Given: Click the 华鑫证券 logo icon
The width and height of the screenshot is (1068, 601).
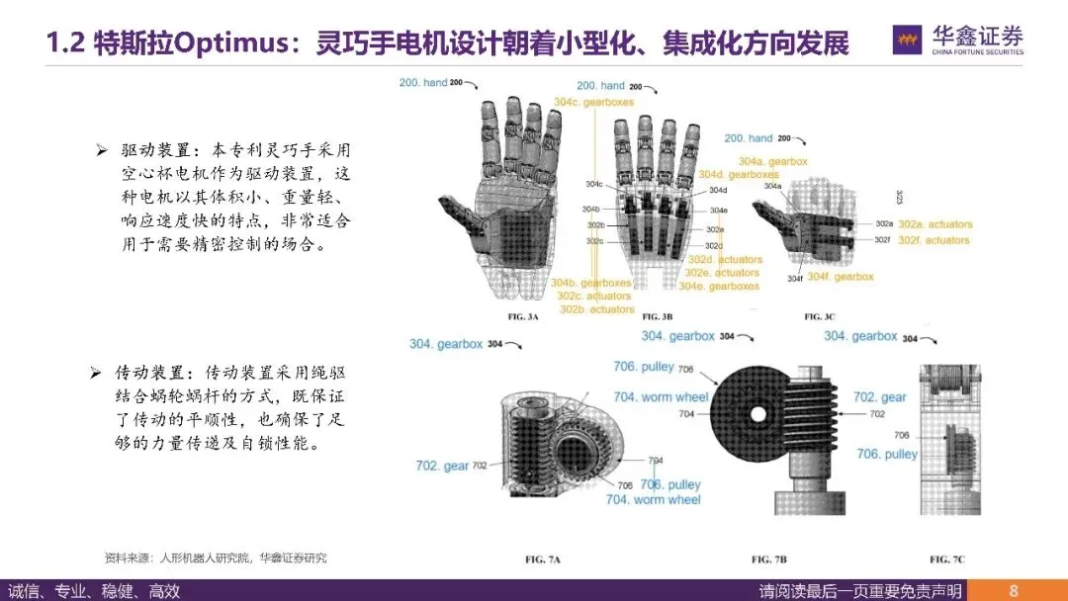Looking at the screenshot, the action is pyautogui.click(x=908, y=41).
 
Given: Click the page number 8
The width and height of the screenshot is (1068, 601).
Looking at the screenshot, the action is pyautogui.click(x=1014, y=591).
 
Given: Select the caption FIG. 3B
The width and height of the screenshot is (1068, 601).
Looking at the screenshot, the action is pyautogui.click(x=657, y=317).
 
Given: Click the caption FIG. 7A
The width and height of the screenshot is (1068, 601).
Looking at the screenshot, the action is pyautogui.click(x=543, y=559).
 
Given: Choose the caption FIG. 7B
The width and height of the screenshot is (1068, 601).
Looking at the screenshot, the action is pyautogui.click(x=775, y=559).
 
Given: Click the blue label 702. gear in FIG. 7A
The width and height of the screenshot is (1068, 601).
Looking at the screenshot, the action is pyautogui.click(x=441, y=466).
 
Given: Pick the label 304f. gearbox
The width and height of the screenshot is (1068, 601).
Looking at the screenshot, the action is pyautogui.click(x=841, y=277).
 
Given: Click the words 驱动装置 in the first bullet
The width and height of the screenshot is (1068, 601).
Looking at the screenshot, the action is pyautogui.click(x=150, y=149).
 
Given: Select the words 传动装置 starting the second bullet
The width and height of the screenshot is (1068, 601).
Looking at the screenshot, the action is pyautogui.click(x=150, y=374).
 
